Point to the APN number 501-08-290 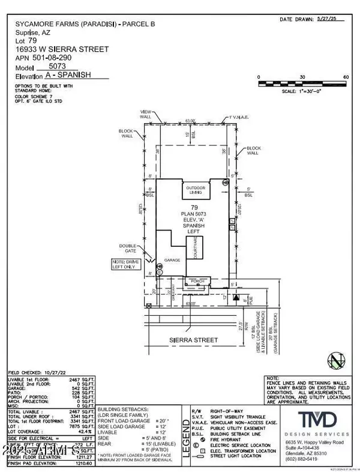(60, 58)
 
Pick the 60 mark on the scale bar (346, 77)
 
